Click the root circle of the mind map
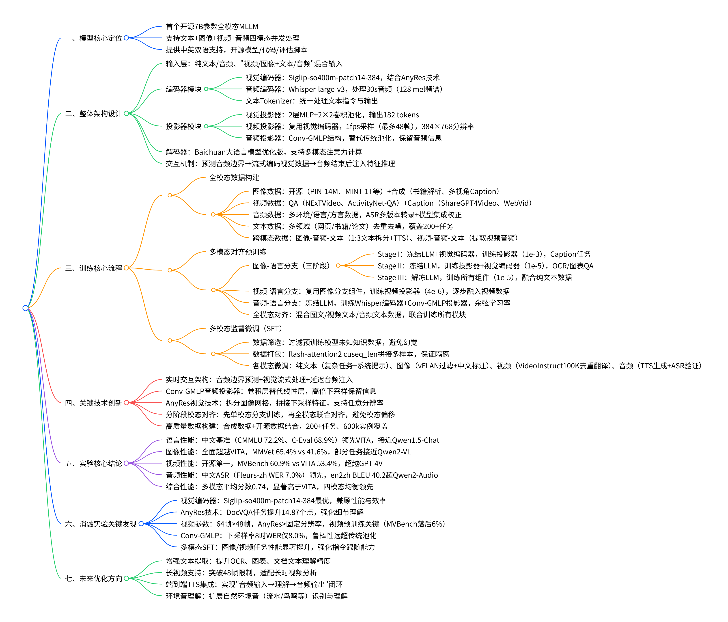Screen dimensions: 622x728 pyautogui.click(x=25, y=308)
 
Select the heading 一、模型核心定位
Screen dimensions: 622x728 pyautogui.click(x=93, y=38)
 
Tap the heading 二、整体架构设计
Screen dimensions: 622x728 pyautogui.click(x=93, y=114)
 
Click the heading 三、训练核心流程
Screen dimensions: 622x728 pyautogui.click(x=93, y=268)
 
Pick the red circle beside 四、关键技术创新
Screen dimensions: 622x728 pyautogui.click(x=126, y=403)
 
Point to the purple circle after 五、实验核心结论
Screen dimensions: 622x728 pyautogui.click(x=126, y=463)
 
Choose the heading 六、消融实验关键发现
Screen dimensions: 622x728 pyautogui.click(x=101, y=524)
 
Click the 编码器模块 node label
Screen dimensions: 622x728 pyautogui.click(x=183, y=89)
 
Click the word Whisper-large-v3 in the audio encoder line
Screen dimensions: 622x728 pyautogui.click(x=316, y=89)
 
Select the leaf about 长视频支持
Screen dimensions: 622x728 pyautogui.click(x=241, y=573)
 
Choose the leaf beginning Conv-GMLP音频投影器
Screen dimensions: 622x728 pyautogui.click(x=271, y=391)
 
